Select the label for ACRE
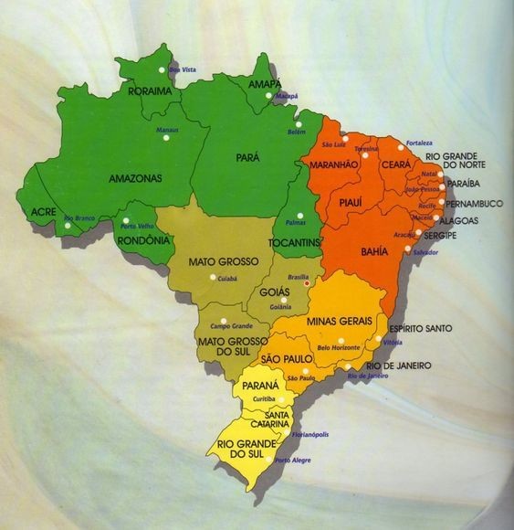(x=44, y=211)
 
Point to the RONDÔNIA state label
(x=144, y=240)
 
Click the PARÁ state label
(x=248, y=157)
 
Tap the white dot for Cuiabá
(x=213, y=277)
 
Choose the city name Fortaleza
(x=420, y=143)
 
